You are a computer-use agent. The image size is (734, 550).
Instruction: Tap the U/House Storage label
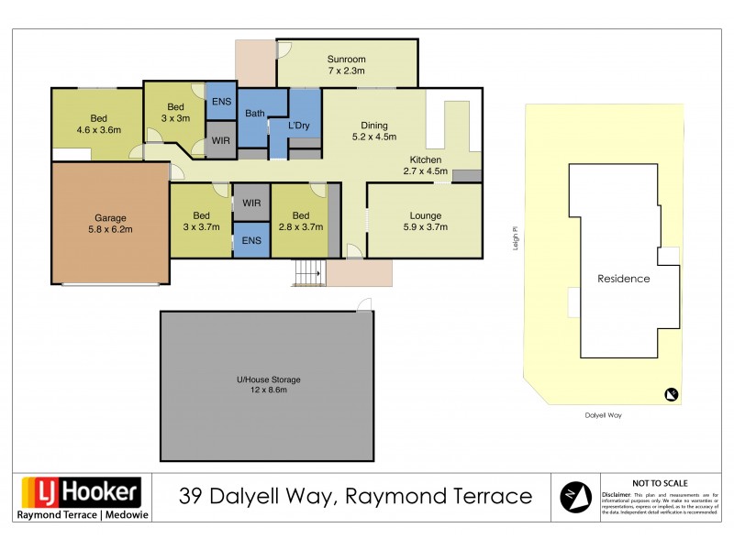pyautogui.click(x=267, y=379)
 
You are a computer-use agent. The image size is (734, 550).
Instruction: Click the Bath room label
pyautogui.click(x=254, y=114)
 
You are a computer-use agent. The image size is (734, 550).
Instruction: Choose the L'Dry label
pyautogui.click(x=302, y=125)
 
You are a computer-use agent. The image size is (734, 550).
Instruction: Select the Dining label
pyautogui.click(x=373, y=126)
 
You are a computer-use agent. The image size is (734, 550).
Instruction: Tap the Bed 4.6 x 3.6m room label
pyautogui.click(x=97, y=124)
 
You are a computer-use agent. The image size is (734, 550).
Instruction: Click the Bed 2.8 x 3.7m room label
pyautogui.click(x=301, y=221)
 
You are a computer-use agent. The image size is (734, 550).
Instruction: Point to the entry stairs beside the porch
pyautogui.click(x=308, y=272)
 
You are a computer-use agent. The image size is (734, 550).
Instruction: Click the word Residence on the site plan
pyautogui.click(x=623, y=279)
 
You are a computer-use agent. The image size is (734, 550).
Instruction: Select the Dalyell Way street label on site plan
pyautogui.click(x=603, y=415)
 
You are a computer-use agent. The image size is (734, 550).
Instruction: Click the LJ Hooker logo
pyautogui.click(x=81, y=492)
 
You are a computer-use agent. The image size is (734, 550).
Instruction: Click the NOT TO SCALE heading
pyautogui.click(x=661, y=483)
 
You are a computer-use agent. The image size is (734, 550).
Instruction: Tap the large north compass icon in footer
pyautogui.click(x=576, y=496)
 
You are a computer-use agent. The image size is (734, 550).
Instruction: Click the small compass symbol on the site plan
pyautogui.click(x=672, y=395)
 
